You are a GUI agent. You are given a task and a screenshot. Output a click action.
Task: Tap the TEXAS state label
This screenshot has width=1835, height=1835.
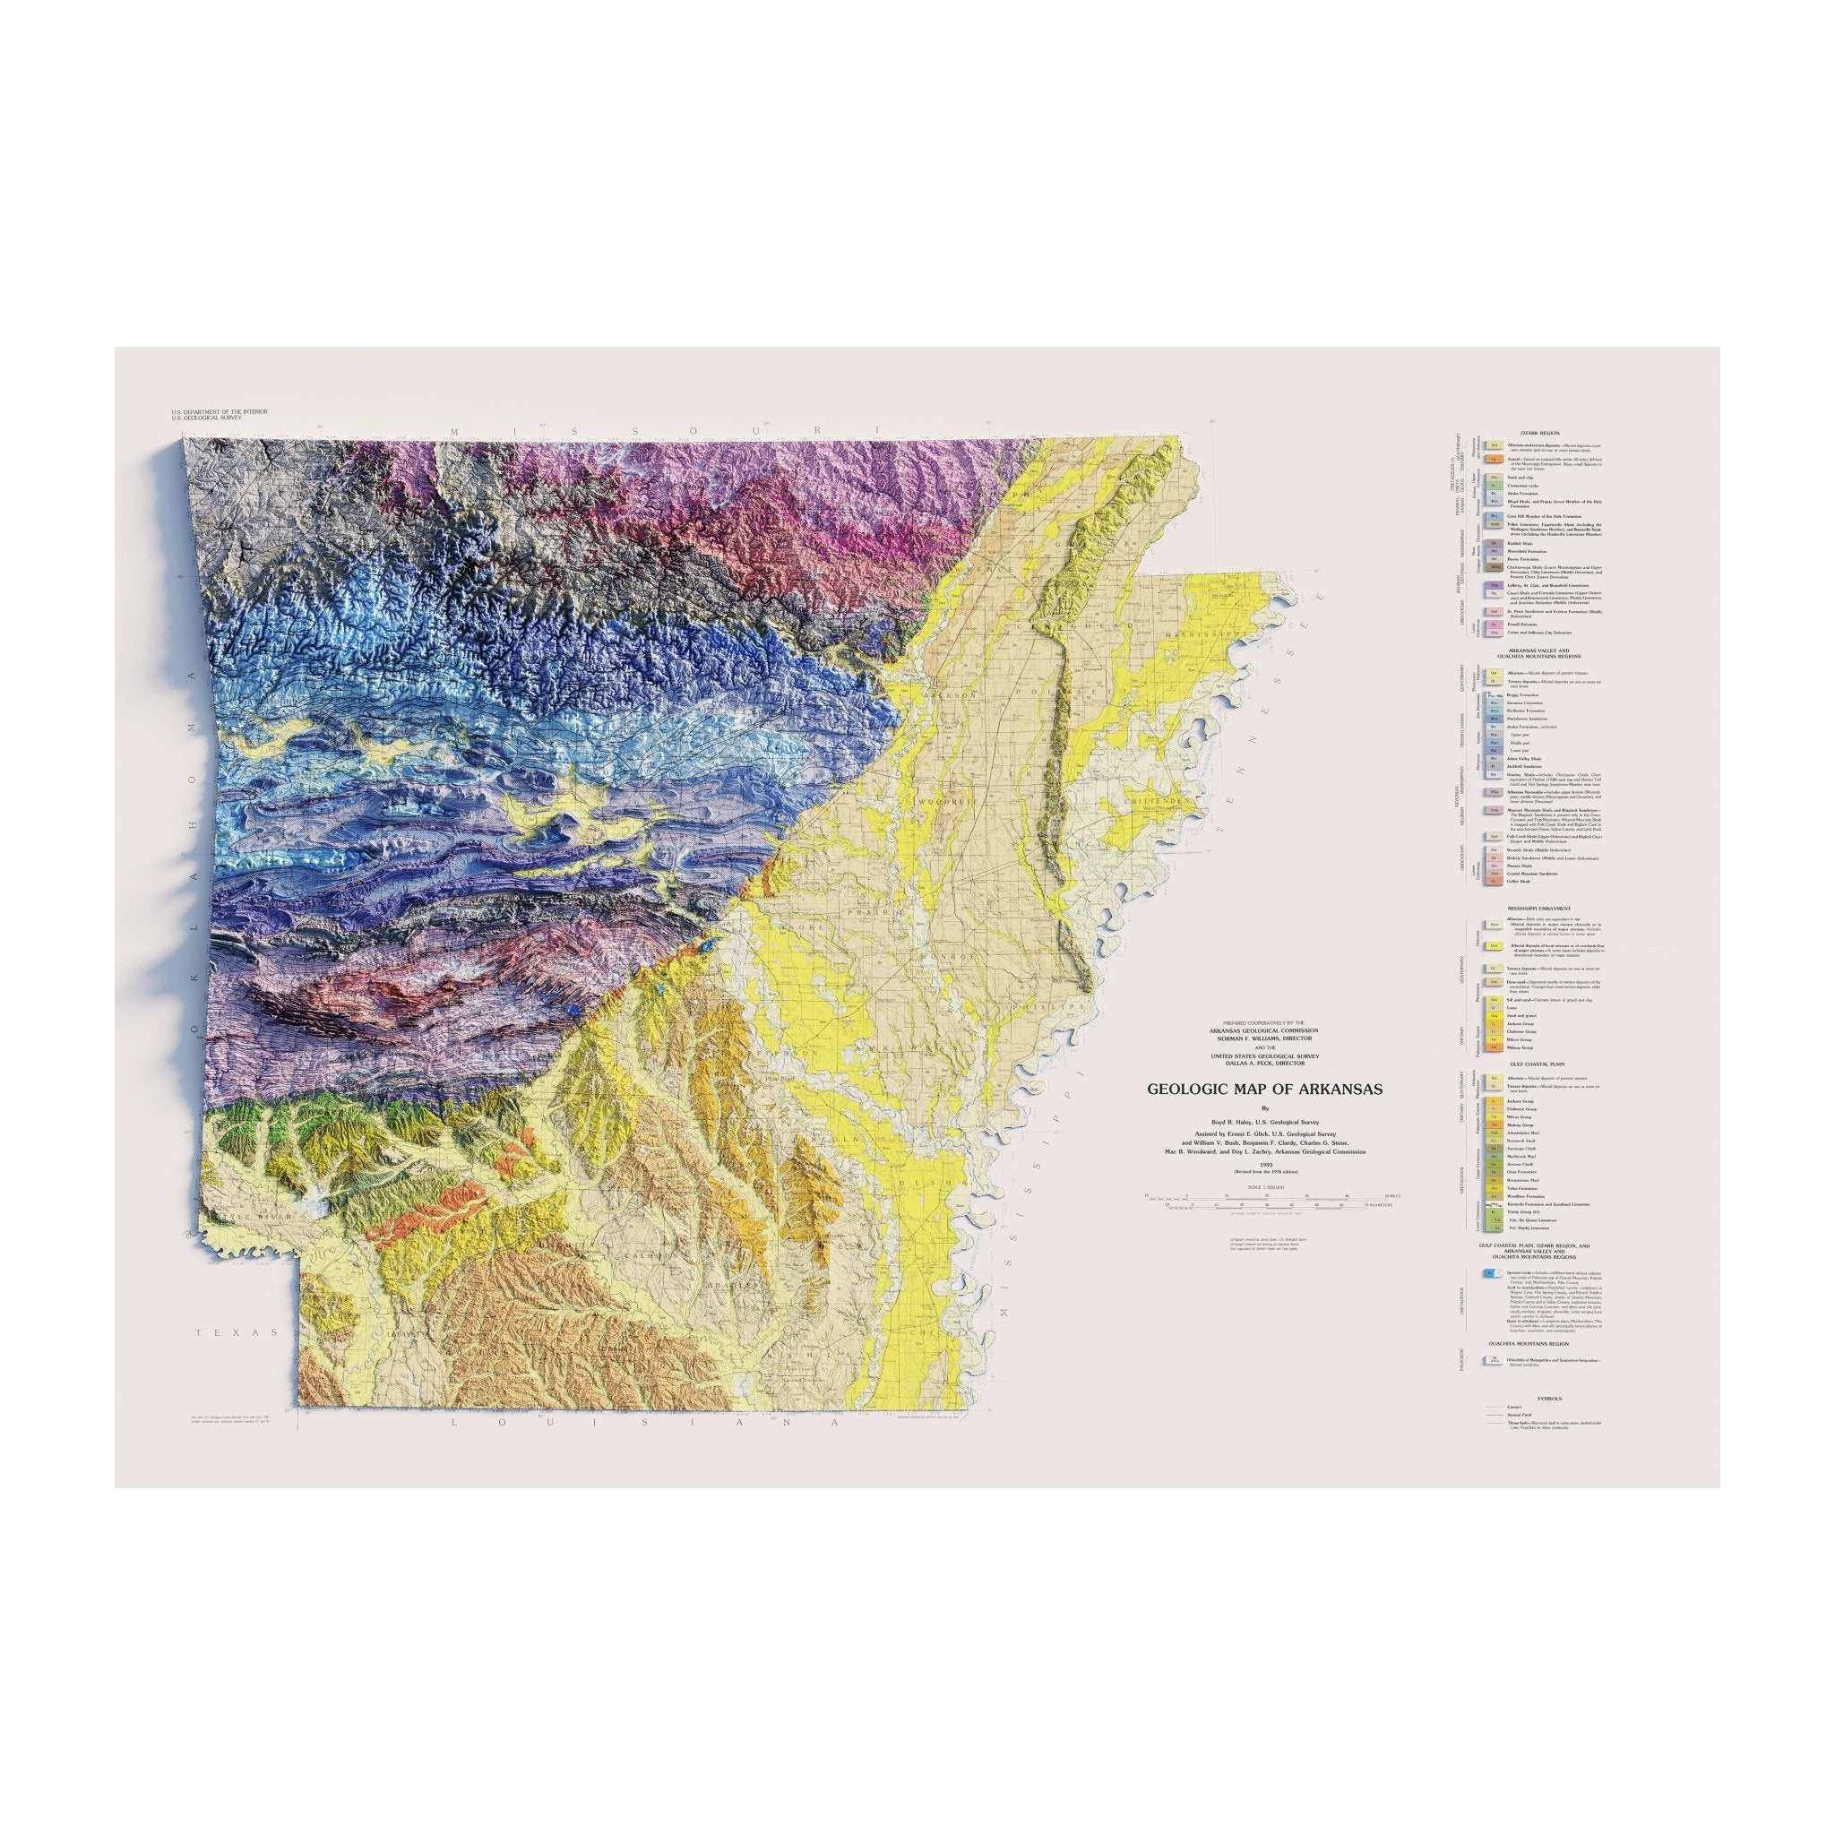click(237, 1332)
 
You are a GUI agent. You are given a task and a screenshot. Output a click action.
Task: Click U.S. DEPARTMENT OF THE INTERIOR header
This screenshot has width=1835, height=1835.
click(220, 411)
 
